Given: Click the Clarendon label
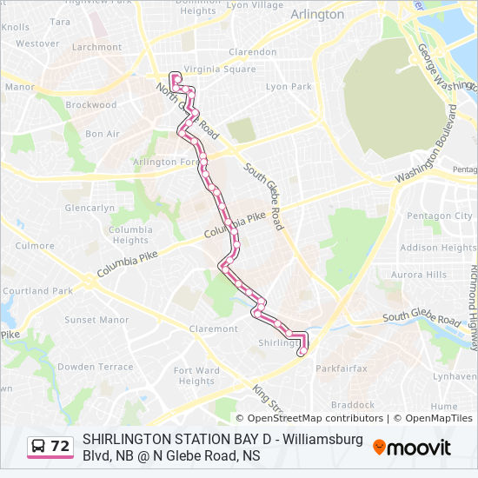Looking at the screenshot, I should pyautogui.click(x=251, y=51).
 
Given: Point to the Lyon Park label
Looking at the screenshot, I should pyautogui.click(x=289, y=87).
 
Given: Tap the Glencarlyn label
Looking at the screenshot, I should pyautogui.click(x=90, y=209).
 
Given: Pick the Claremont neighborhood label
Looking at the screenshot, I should pyautogui.click(x=213, y=329).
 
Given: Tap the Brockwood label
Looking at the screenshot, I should pyautogui.click(x=90, y=105).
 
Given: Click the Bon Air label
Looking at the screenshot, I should pyautogui.click(x=103, y=134).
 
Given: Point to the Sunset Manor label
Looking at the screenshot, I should pyautogui.click(x=96, y=320).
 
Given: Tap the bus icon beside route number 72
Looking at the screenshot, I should pyautogui.click(x=39, y=447).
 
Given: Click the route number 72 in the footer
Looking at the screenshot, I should pyautogui.click(x=60, y=447).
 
